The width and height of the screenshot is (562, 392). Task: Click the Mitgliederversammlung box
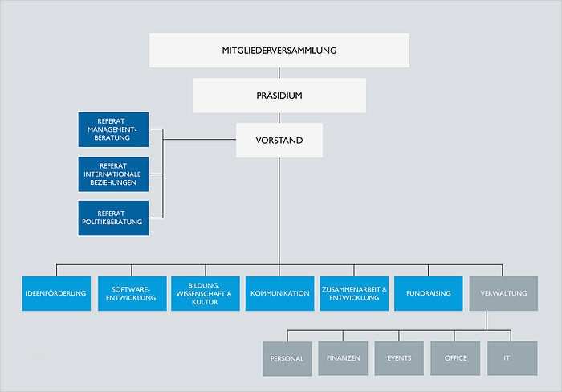(279, 50)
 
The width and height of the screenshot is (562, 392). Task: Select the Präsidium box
(279, 95)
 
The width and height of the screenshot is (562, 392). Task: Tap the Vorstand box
(279, 140)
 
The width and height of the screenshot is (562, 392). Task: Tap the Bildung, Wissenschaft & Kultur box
(204, 293)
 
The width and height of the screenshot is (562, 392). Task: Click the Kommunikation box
(279, 293)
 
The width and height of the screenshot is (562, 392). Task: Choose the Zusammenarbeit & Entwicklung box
(354, 293)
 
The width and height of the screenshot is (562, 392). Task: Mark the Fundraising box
(429, 293)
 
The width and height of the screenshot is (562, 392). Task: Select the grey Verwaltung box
(503, 293)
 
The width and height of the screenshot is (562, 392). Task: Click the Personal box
(287, 358)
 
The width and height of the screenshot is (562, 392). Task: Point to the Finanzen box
(343, 358)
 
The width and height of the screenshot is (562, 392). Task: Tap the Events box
(399, 358)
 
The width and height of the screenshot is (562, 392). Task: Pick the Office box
(455, 358)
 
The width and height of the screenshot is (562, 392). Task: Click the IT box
(511, 358)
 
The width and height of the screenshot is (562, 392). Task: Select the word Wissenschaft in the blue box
(200, 294)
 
